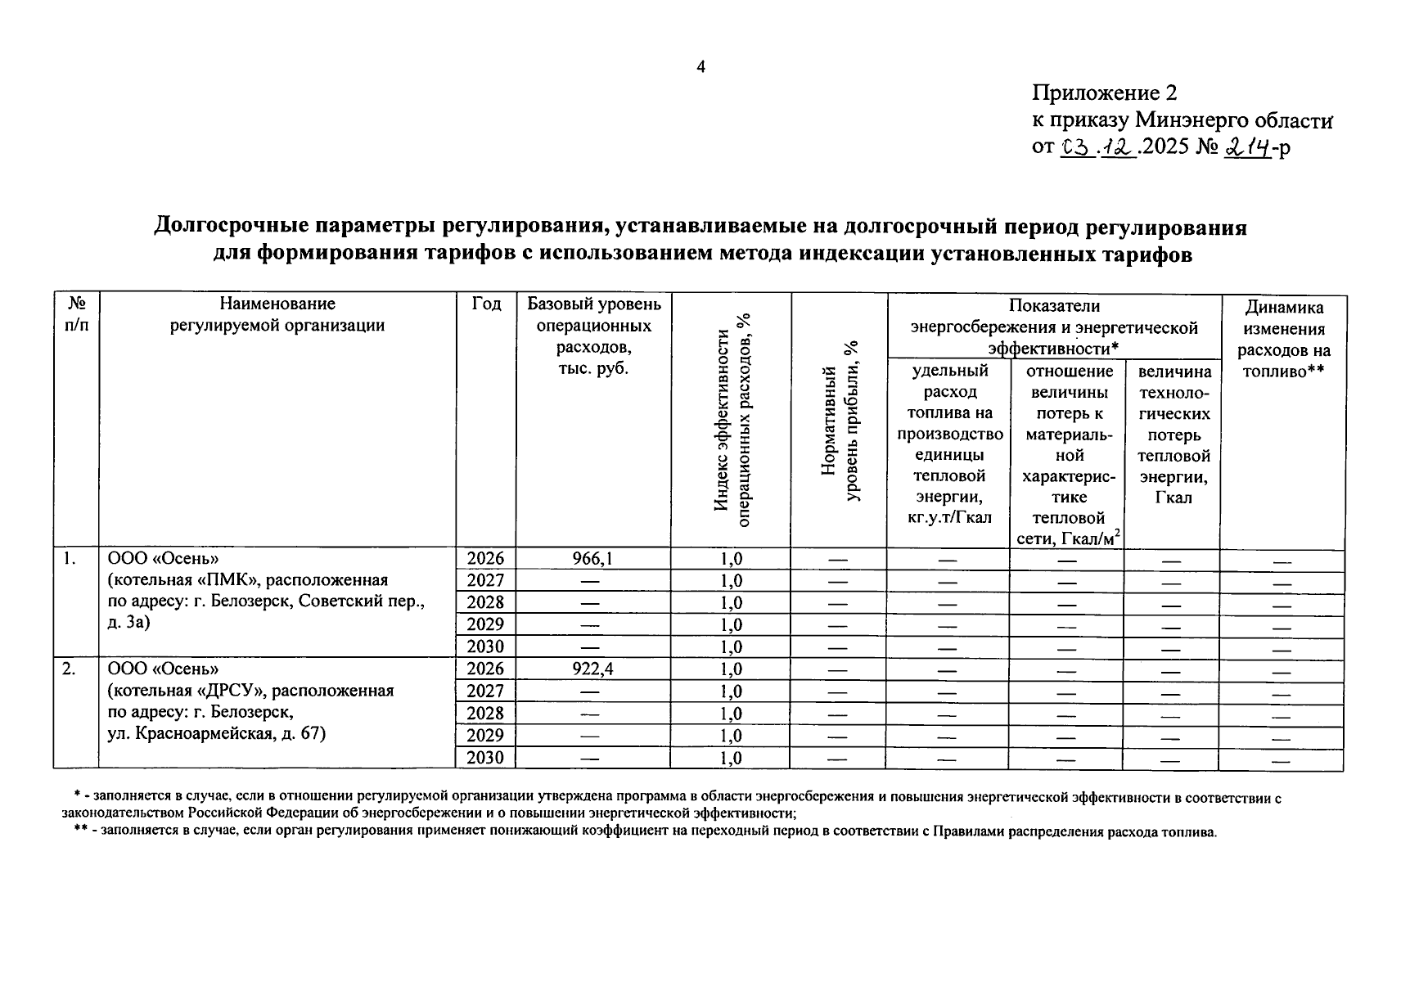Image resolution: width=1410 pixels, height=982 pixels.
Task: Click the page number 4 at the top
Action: coord(700,67)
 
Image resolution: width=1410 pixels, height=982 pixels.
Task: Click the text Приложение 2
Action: coord(1104,92)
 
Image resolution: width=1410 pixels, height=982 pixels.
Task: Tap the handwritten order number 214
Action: coord(1247,147)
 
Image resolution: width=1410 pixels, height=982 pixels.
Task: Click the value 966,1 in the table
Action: coord(592,559)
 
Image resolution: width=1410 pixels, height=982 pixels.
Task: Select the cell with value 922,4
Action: coord(592,669)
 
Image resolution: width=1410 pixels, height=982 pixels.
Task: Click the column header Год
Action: coord(486,304)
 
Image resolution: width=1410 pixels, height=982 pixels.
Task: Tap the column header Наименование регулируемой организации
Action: coord(277,314)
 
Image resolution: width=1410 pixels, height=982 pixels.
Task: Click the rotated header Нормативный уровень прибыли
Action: coord(840,421)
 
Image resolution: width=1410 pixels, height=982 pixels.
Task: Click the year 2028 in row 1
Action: coord(485,603)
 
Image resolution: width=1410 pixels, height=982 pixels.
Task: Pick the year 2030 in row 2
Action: coord(485,758)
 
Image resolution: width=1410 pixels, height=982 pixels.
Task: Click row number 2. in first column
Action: coord(70,669)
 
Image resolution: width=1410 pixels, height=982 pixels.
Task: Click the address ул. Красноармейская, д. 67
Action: coord(217,733)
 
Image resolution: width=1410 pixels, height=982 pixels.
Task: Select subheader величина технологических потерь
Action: coord(1173,434)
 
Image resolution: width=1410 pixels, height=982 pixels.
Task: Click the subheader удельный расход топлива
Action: coord(949,444)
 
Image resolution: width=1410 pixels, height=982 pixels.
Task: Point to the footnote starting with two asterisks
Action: coord(638,833)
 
